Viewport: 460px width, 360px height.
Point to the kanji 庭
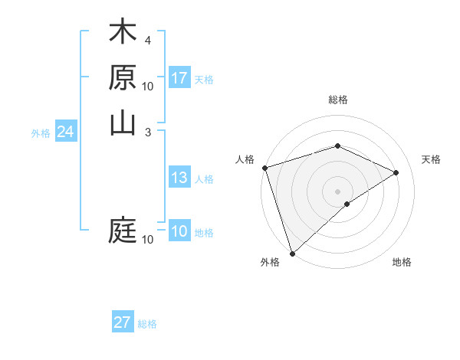123,230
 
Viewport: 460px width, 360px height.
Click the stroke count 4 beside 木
147,40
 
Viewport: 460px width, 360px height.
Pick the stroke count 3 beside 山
147,132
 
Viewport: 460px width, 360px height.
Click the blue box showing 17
179,78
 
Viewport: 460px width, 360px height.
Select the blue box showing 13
179,178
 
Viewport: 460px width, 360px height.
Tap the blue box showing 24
66,133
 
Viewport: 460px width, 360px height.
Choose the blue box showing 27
123,322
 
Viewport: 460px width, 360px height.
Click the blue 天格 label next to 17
204,80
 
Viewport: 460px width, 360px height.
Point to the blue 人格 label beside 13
204,180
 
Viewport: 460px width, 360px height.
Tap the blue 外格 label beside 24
41,133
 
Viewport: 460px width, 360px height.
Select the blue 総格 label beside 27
147,324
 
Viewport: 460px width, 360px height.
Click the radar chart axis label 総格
337,100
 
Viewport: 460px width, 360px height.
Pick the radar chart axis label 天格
431,159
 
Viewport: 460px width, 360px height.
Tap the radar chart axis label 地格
402,263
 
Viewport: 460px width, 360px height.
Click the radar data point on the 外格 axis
292,253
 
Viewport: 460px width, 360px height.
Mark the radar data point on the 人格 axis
264,168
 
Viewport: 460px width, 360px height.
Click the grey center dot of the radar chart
337,191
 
